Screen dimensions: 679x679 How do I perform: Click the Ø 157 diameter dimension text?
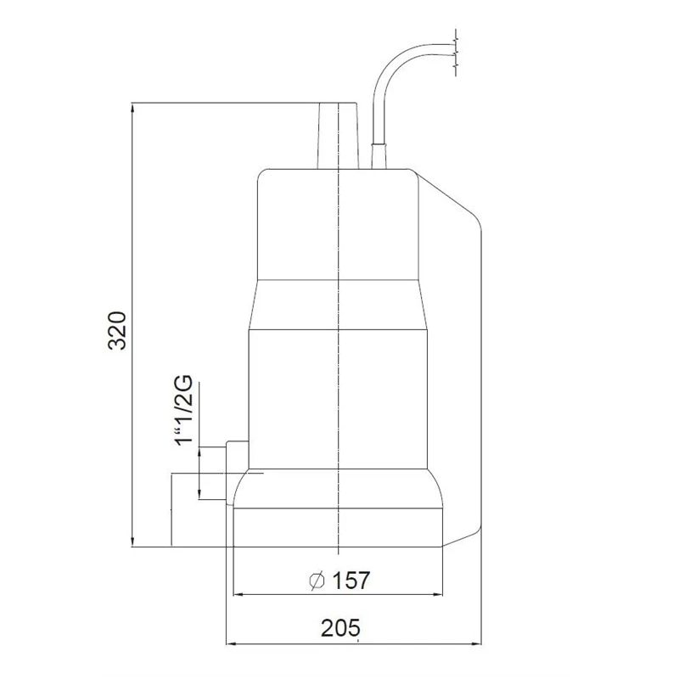pyautogui.click(x=339, y=581)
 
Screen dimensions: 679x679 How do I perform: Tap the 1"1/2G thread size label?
pyautogui.click(x=183, y=413)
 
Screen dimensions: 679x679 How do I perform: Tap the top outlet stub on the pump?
pyautogui.click(x=337, y=136)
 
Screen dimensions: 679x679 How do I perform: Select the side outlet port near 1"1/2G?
pyautogui.click(x=235, y=457)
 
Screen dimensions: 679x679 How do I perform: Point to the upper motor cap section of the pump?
pyautogui.click(x=337, y=225)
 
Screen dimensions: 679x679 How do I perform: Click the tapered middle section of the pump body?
pyautogui.click(x=337, y=306)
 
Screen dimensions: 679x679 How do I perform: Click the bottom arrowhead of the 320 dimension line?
pyautogui.click(x=134, y=542)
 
